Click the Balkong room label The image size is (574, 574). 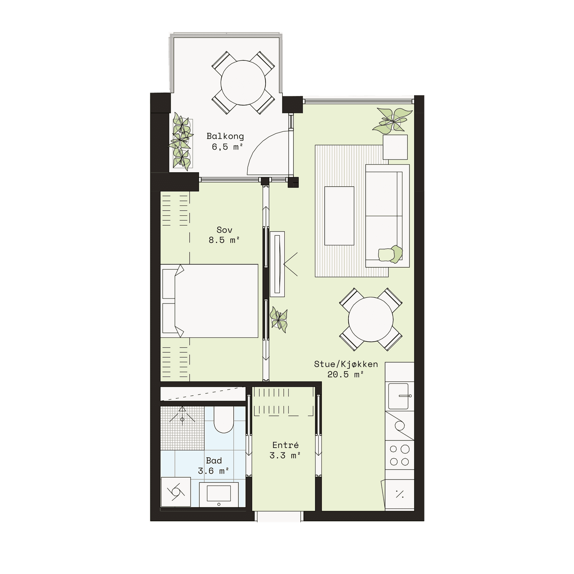225,136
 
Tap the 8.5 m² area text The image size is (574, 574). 224,240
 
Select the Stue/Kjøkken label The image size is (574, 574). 346,364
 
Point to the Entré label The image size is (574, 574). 285,445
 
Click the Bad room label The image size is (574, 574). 214,461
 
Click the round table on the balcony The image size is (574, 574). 243,83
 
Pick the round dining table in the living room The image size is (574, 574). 371,320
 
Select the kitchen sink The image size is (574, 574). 399,396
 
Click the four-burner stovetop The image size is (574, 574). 400,455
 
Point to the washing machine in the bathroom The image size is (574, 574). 176,492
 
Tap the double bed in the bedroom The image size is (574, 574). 209,301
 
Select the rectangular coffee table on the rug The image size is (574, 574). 339,216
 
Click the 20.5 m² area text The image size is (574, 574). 345,375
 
